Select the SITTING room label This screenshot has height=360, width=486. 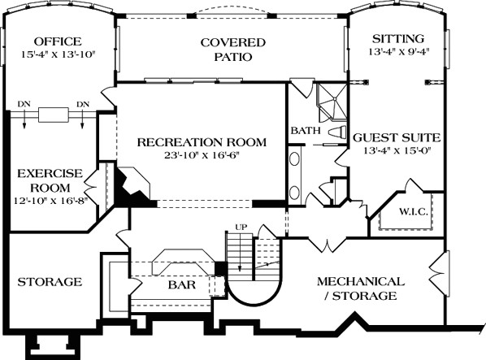tap(397, 38)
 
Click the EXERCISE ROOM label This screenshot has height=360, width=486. tap(50, 180)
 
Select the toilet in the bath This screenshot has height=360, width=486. tap(336, 131)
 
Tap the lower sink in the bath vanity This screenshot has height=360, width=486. tap(294, 192)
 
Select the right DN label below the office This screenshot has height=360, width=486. tap(82, 103)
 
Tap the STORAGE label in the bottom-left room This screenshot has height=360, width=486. tap(50, 282)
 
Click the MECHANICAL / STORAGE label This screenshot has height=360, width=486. tap(362, 288)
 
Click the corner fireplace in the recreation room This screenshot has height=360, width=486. tap(130, 185)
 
